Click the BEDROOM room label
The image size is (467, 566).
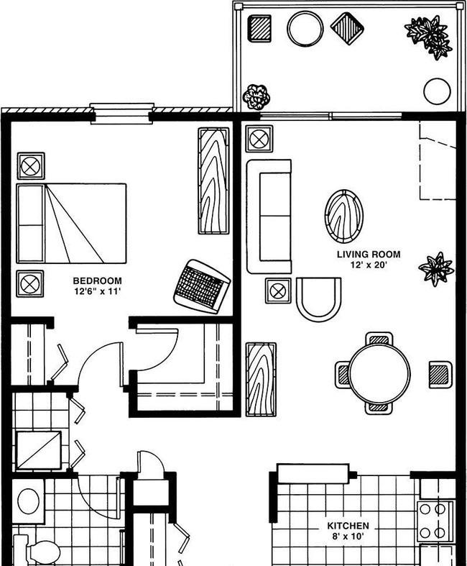pos(98,280)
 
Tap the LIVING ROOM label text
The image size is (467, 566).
pos(369,255)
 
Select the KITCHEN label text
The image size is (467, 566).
pos(348,526)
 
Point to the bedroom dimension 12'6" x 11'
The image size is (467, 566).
pos(97,291)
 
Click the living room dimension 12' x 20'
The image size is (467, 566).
pos(369,265)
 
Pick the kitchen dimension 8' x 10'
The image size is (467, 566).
pos(348,537)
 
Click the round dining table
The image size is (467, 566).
pos(380,373)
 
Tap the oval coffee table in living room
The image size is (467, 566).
pos(343,216)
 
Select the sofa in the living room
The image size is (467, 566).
pos(269,216)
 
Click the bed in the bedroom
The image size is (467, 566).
pos(71,224)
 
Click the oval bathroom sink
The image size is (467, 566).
pos(29,501)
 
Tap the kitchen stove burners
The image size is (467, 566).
pos(433,521)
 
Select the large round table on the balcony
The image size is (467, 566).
pos(305,29)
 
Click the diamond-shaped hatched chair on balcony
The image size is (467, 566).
pos(347,29)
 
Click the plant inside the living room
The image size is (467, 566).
pos(436,269)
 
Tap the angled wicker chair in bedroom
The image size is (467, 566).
pos(202,287)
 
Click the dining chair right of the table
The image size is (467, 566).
pos(440,374)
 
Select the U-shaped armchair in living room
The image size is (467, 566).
pos(318,299)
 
